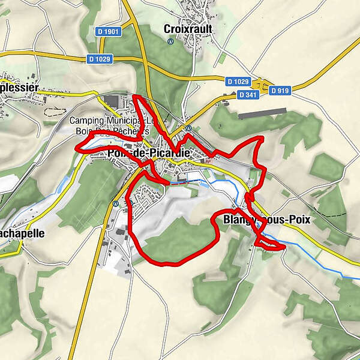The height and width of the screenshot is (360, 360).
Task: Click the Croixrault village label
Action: (187, 28)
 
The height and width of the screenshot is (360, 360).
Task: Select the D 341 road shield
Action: (247, 95)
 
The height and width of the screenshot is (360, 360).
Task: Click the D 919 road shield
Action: (280, 91)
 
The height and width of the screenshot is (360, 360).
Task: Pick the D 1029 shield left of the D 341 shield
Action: (238, 81)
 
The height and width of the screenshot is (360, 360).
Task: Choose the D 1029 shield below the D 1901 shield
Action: (99, 59)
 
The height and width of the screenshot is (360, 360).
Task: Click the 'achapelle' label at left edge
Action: (22, 233)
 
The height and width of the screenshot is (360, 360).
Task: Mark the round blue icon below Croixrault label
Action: (170, 41)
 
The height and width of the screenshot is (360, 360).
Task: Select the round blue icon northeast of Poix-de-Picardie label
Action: (188, 128)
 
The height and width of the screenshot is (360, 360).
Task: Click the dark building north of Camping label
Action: (112, 100)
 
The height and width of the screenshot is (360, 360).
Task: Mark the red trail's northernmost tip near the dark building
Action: (135, 96)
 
